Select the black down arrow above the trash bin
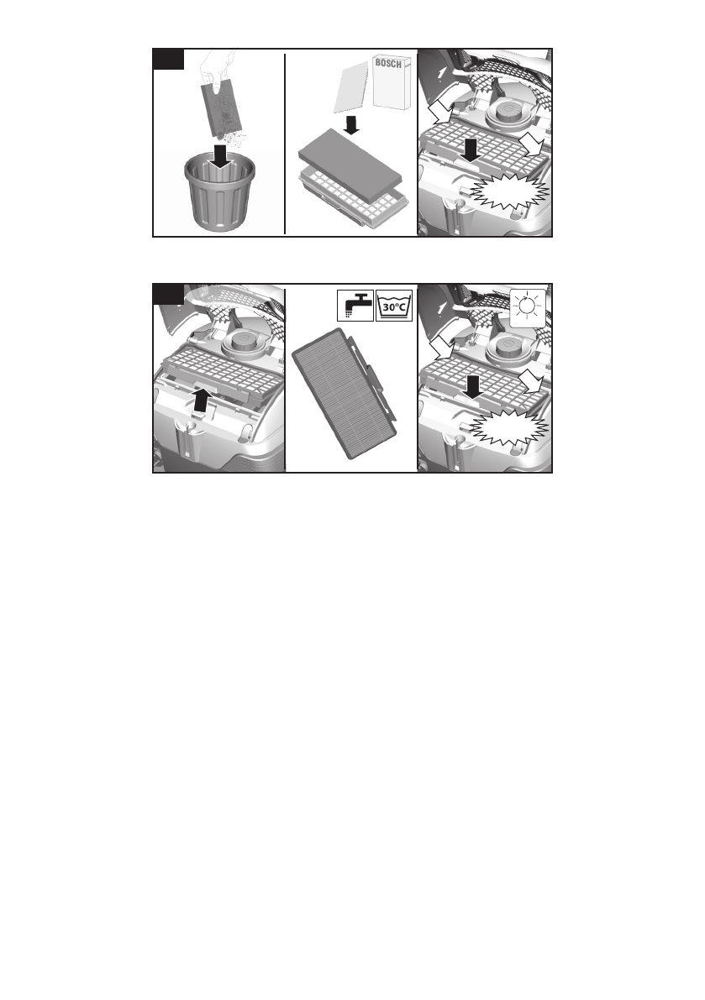click(220, 155)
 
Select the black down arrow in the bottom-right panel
click(471, 386)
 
